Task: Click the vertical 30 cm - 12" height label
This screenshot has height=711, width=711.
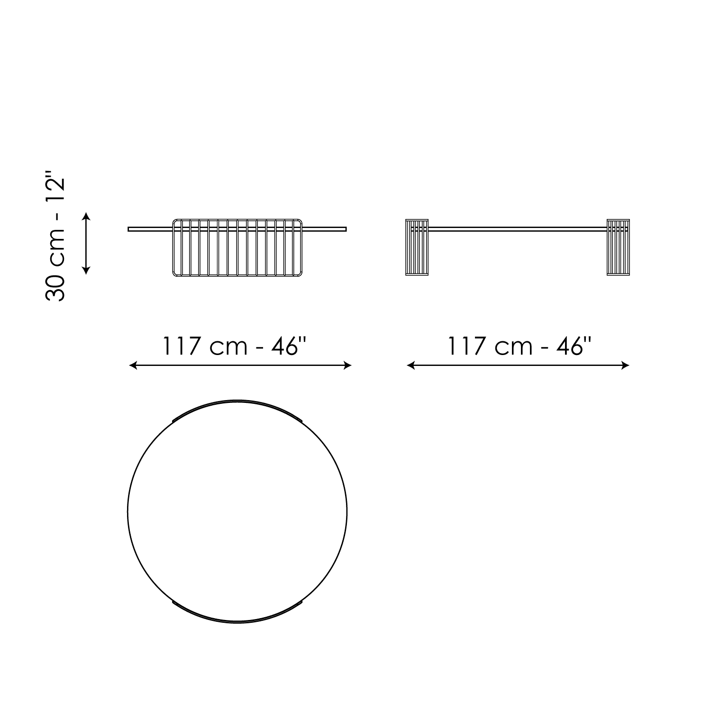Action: pyautogui.click(x=55, y=236)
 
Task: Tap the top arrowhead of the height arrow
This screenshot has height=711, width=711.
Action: pyautogui.click(x=86, y=215)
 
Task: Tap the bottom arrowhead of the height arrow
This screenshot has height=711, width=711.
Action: pyautogui.click(x=86, y=271)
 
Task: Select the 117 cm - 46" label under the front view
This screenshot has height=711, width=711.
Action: pyautogui.click(x=235, y=346)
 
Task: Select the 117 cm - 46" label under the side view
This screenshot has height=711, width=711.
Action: pyautogui.click(x=520, y=346)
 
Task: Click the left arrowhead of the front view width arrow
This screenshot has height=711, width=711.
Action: pyautogui.click(x=133, y=365)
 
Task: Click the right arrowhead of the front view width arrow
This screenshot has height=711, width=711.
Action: pyautogui.click(x=348, y=365)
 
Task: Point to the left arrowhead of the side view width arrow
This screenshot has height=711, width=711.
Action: pyautogui.click(x=410, y=365)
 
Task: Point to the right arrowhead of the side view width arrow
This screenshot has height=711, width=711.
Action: pyautogui.click(x=626, y=365)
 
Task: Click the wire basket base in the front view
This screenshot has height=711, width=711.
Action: pyautogui.click(x=237, y=247)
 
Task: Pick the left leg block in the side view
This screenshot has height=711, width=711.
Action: pyautogui.click(x=417, y=247)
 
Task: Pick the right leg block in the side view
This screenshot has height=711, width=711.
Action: pyautogui.click(x=618, y=247)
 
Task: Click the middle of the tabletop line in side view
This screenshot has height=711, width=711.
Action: pyautogui.click(x=518, y=229)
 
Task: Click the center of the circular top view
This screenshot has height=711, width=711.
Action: pyautogui.click(x=237, y=512)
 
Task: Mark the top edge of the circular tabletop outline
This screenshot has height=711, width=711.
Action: pyautogui.click(x=237, y=401)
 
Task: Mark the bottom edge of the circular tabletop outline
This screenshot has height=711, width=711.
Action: pyautogui.click(x=237, y=622)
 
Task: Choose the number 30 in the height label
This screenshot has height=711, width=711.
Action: pyautogui.click(x=55, y=287)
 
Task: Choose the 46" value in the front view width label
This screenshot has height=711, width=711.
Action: pyautogui.click(x=290, y=346)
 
